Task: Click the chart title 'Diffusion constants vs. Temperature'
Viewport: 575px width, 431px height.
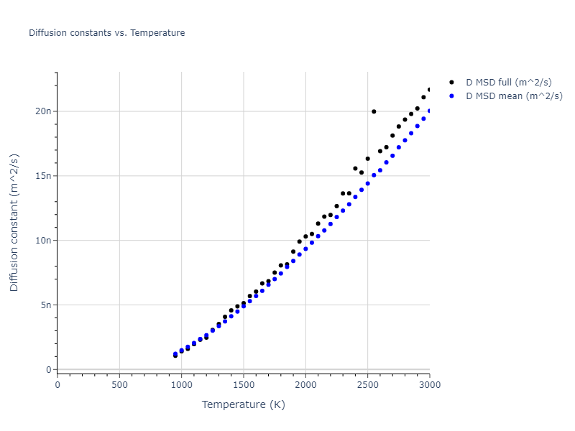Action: [x=106, y=33]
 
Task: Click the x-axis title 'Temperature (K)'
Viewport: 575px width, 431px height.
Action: [x=243, y=404]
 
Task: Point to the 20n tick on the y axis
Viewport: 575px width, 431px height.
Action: [x=44, y=111]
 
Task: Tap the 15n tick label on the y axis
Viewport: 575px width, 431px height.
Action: [x=44, y=176]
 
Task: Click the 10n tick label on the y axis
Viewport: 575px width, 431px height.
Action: [x=44, y=241]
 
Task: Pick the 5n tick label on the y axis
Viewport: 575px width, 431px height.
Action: [x=46, y=305]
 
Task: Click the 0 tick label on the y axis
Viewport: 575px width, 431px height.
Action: [x=49, y=370]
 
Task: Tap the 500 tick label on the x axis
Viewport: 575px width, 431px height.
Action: [x=119, y=384]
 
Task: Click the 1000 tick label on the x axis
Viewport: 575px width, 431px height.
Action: [x=181, y=384]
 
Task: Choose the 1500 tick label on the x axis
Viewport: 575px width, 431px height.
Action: [x=244, y=384]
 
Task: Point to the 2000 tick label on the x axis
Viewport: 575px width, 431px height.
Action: [x=305, y=384]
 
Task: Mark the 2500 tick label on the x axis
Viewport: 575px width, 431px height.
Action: [x=367, y=384]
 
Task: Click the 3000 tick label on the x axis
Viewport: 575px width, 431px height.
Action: [x=429, y=384]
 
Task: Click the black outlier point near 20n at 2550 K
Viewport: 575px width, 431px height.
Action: [x=374, y=111]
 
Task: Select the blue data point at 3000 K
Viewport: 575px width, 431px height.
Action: [x=429, y=111]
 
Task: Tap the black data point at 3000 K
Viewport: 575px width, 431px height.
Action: [x=429, y=90]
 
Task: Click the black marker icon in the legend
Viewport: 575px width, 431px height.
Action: [x=451, y=83]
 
